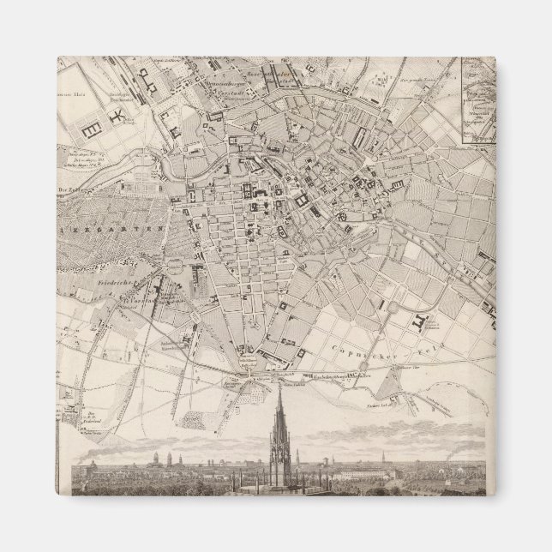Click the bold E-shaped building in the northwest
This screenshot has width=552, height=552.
coord(90,126)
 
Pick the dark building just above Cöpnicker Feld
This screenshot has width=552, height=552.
coord(418,321)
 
